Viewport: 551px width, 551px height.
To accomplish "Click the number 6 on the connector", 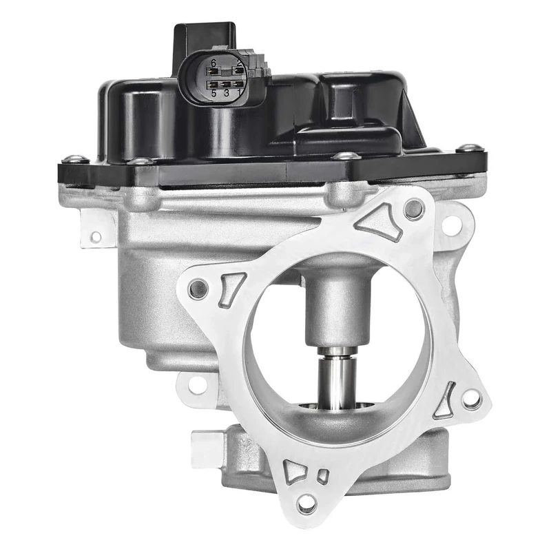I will coord(214,63).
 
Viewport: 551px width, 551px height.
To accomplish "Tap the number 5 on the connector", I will coord(214,92).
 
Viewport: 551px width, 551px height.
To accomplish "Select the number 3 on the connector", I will coord(226,92).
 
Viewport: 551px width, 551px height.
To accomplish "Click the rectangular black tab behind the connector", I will coord(205,37).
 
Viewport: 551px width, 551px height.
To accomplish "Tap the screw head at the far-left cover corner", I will coord(75,159).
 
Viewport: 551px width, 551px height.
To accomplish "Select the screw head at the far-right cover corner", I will coord(470,148).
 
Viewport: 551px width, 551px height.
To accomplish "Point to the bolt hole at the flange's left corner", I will coord(198,289).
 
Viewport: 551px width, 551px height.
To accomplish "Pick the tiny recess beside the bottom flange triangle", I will coord(322,475).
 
